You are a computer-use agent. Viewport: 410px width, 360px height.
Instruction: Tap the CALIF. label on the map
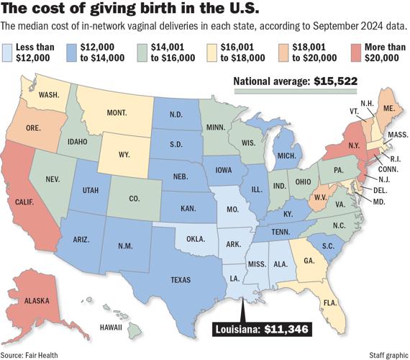click(x=29, y=203)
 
